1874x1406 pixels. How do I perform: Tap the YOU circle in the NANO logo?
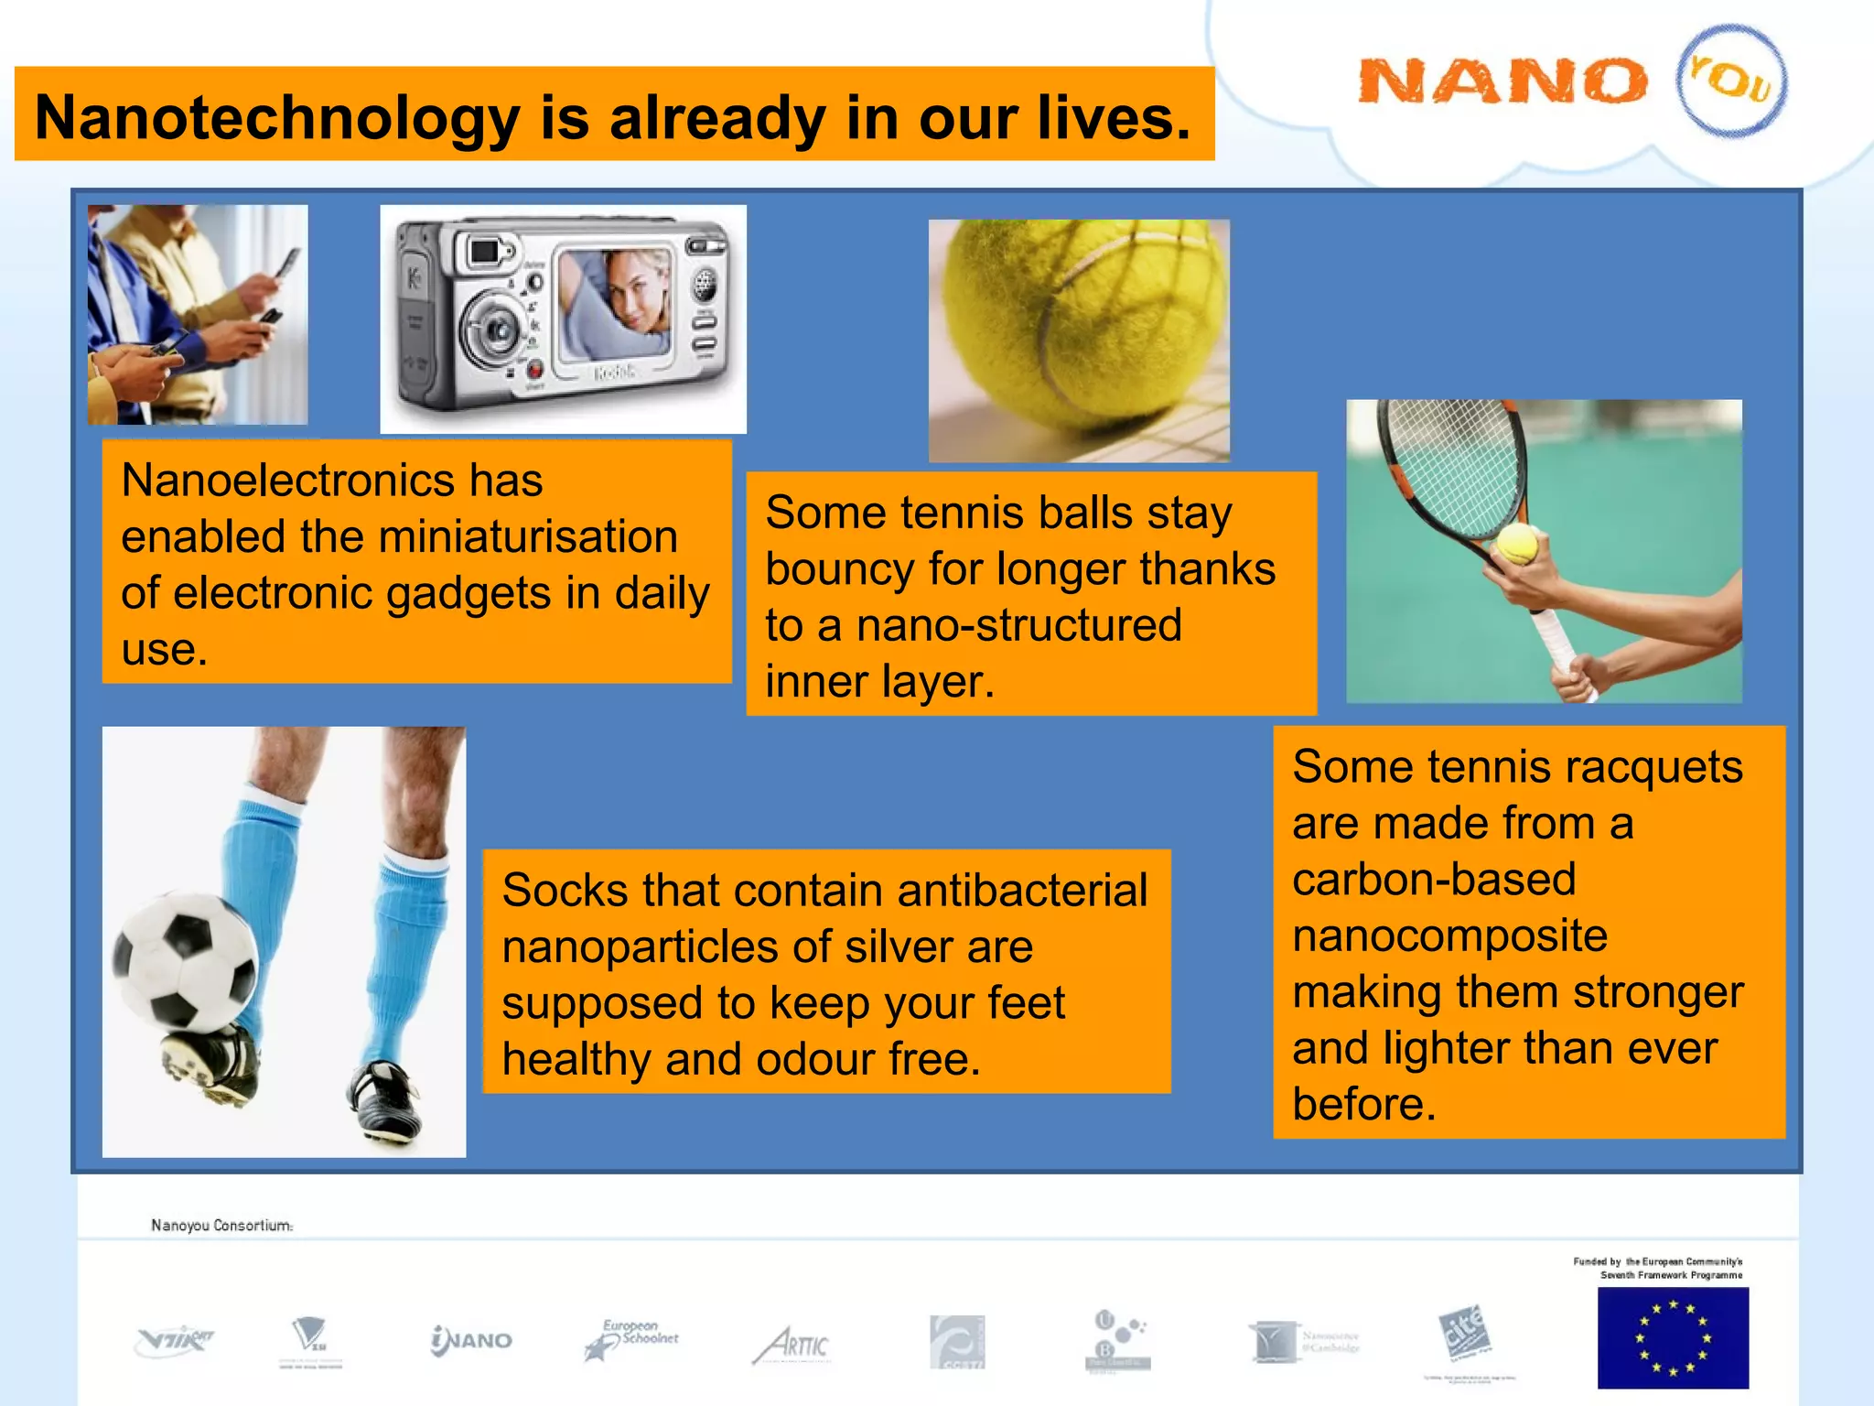(x=1730, y=81)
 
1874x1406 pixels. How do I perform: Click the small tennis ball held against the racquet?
(x=1516, y=545)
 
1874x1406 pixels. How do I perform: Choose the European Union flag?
(x=1672, y=1337)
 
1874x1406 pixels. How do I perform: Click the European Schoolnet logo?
(x=632, y=1338)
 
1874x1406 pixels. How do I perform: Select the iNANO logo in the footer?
(x=471, y=1340)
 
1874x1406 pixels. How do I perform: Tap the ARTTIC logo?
(x=792, y=1344)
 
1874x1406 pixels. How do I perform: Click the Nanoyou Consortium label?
(x=221, y=1225)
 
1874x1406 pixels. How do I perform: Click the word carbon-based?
(x=1433, y=880)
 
